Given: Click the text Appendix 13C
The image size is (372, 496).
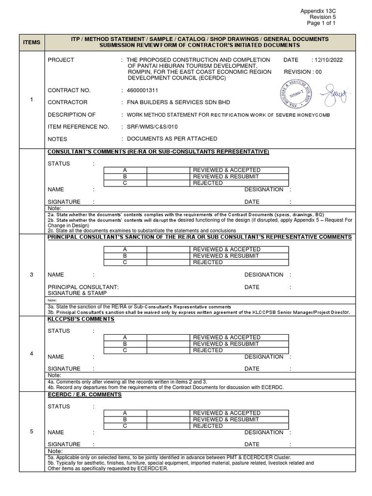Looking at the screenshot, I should pyautogui.click(x=318, y=10).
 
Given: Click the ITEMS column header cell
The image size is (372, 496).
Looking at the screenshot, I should pyautogui.click(x=31, y=42).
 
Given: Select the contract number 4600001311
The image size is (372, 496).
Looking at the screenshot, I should pyautogui.click(x=143, y=90).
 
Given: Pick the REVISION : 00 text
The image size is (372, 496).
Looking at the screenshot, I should pyautogui.click(x=303, y=72).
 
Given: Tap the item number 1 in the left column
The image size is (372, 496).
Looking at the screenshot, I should pyautogui.click(x=31, y=100).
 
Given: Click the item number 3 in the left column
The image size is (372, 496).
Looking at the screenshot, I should pyautogui.click(x=31, y=275).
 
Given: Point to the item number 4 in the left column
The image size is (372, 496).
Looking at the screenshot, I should pyautogui.click(x=31, y=353).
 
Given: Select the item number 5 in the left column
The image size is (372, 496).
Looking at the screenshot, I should pyautogui.click(x=31, y=432).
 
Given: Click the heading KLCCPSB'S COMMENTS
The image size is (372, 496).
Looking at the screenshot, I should pyautogui.click(x=80, y=319).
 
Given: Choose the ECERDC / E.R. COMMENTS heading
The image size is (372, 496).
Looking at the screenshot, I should pyautogui.click(x=84, y=395).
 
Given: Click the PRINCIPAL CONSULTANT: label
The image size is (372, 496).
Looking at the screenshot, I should pyautogui.click(x=83, y=287).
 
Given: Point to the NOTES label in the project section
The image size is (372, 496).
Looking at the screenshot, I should pyautogui.click(x=57, y=139).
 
